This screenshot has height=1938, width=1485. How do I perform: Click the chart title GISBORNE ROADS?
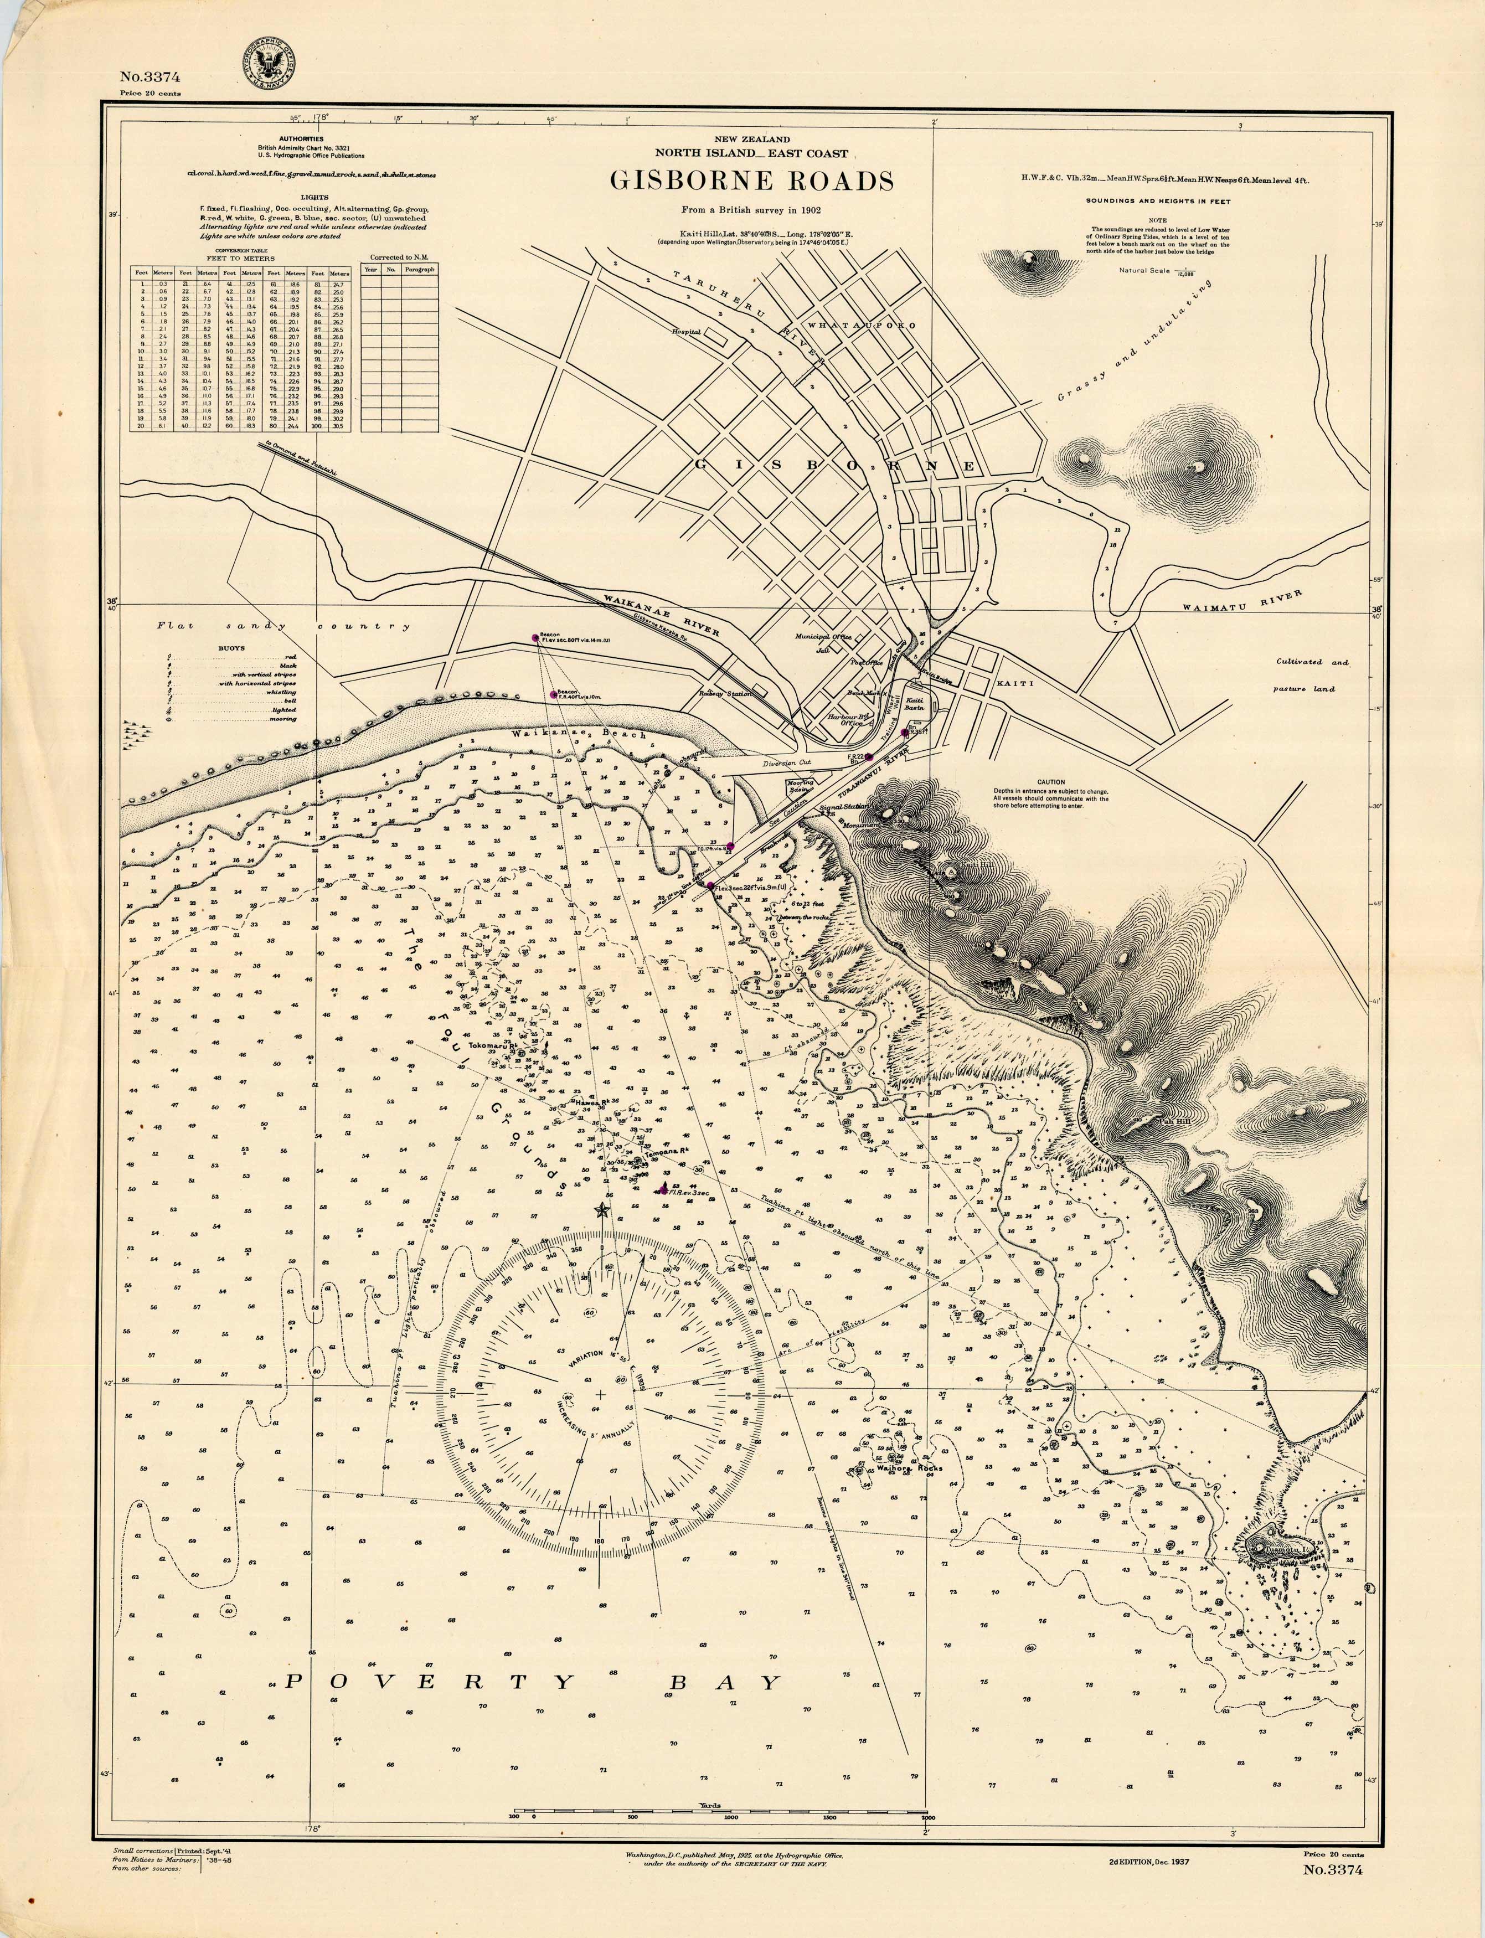751,181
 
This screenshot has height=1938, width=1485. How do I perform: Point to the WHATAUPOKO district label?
862,325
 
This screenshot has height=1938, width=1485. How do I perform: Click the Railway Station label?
725,694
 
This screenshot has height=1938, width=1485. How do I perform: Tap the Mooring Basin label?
800,786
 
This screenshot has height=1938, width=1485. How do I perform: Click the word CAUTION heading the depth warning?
1051,782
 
